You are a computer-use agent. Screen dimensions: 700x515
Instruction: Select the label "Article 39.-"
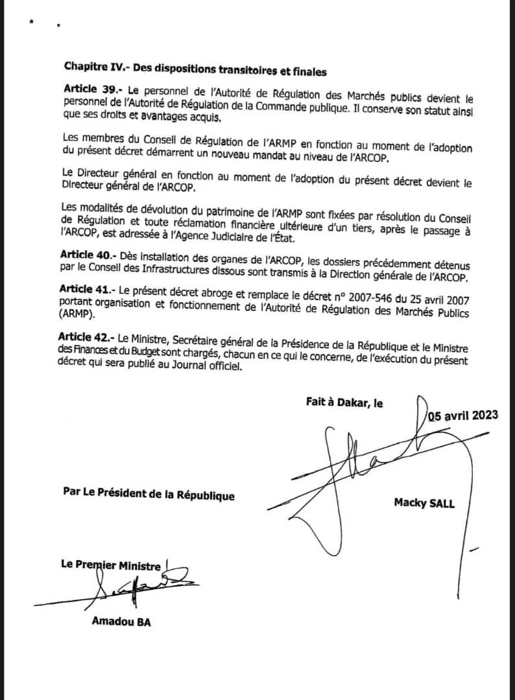[x=91, y=87]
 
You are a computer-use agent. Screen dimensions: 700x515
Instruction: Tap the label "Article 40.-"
[x=86, y=253]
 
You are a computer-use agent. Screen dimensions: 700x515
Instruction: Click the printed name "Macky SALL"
[x=424, y=503]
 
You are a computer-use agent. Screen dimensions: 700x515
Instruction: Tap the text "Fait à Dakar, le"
[x=344, y=402]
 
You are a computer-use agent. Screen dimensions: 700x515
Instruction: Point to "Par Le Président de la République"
[x=149, y=495]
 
